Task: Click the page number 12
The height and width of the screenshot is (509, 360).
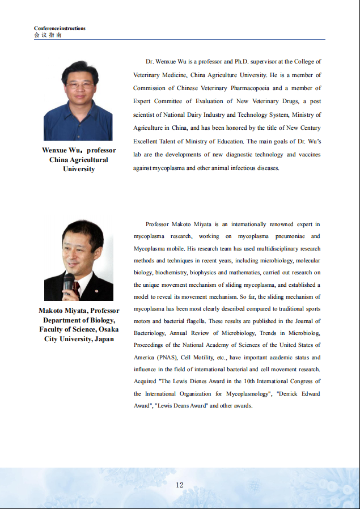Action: pos(180,485)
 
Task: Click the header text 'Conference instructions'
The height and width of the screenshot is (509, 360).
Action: pos(60,28)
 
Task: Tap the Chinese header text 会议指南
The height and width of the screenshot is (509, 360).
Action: pos(48,35)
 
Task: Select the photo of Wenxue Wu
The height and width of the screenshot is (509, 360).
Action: pos(78,100)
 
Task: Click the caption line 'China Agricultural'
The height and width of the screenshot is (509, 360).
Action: pos(79,160)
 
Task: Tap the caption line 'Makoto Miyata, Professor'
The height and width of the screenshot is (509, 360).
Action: pos(79,311)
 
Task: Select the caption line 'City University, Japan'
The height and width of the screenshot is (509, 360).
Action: pos(79,339)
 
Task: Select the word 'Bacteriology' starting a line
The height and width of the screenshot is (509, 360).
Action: pos(150,333)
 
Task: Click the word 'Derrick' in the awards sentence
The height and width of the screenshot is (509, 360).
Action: pos(288,394)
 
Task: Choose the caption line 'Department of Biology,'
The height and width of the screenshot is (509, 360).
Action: pos(79,320)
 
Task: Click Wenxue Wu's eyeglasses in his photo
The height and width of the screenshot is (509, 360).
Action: pos(80,85)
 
